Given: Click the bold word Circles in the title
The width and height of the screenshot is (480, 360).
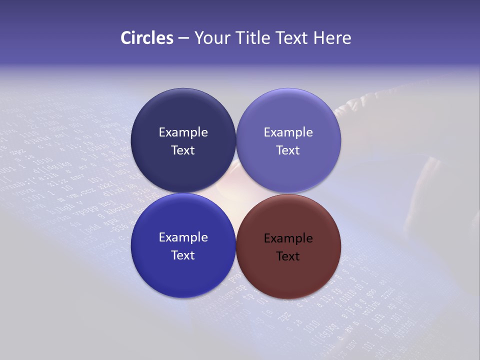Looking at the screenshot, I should click(x=147, y=38).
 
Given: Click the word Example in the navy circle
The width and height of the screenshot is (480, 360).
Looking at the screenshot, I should click(x=183, y=132).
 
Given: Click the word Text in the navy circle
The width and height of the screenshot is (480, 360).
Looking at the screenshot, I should click(x=183, y=150).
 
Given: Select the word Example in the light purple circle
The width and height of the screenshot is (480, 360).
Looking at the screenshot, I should click(x=288, y=132).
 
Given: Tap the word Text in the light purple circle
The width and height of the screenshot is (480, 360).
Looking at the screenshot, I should click(x=288, y=150).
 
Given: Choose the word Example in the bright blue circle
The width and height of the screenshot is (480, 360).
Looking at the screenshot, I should click(x=183, y=237).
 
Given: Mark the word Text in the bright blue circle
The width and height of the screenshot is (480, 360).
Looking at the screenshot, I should click(x=183, y=255).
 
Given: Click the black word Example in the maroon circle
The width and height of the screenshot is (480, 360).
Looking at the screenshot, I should click(x=288, y=238).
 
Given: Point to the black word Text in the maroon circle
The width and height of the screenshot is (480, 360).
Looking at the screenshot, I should click(x=288, y=256).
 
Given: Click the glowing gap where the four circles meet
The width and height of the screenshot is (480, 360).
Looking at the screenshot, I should click(x=236, y=193).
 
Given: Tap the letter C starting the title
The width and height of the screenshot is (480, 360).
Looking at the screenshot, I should click(x=125, y=38).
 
